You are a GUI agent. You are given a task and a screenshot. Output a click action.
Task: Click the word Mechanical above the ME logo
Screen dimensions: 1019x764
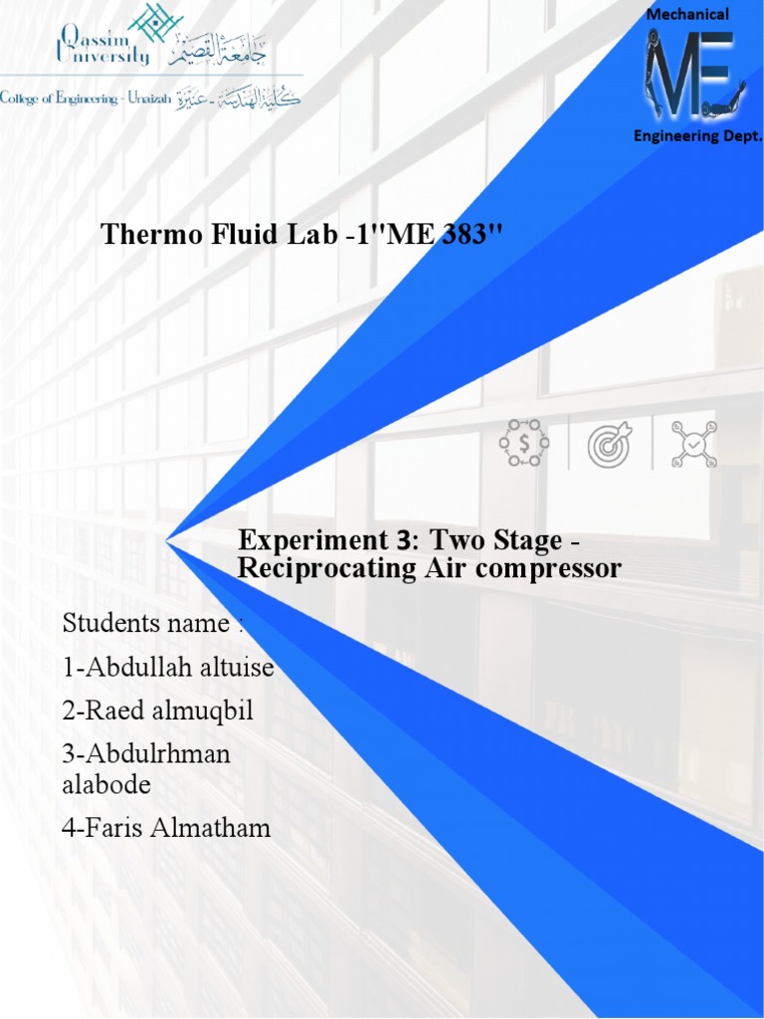tap(687, 14)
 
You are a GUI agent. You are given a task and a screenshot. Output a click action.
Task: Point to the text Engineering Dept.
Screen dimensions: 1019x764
tap(697, 135)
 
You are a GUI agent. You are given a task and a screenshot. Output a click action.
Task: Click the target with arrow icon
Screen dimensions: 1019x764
tap(609, 443)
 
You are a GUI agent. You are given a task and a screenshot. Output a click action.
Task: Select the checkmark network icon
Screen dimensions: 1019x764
tap(693, 443)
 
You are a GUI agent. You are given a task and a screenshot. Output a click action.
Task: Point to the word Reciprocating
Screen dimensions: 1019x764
tap(324, 568)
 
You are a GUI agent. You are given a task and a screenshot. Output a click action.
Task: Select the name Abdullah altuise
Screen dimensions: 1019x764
tap(168, 667)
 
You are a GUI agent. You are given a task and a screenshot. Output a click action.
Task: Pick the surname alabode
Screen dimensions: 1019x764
tap(106, 784)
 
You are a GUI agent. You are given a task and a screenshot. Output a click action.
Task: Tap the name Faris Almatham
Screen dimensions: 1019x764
tap(166, 827)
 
